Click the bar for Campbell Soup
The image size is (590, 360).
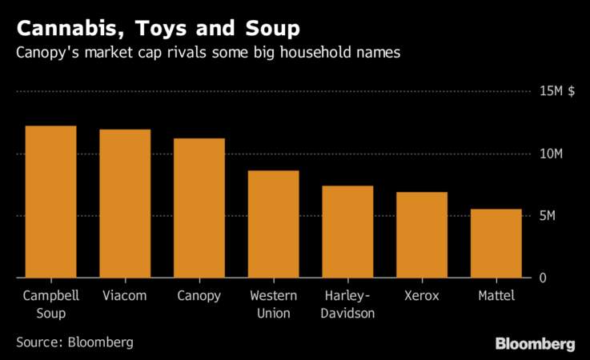50,202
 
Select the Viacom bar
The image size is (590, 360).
125,203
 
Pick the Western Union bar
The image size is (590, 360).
273,224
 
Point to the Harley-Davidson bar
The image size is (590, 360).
347,232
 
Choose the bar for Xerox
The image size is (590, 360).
422,235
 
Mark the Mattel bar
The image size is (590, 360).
496,243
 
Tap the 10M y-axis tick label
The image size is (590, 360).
549,154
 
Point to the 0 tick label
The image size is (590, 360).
542,278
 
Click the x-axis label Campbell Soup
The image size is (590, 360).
50,304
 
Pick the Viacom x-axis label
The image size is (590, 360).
125,296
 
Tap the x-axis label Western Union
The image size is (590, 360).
273,304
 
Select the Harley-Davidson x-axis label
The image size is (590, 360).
347,304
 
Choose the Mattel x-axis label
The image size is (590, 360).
496,296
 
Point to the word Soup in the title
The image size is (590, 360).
269,30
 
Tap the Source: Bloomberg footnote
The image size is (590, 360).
74,342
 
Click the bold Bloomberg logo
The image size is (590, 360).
535,344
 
